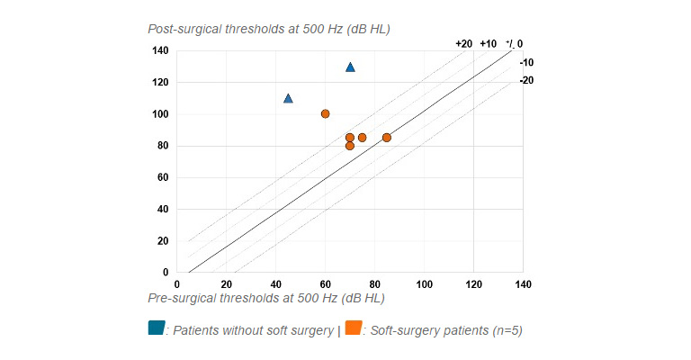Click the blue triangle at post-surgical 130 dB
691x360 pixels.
(350, 67)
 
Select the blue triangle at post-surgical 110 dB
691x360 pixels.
(288, 98)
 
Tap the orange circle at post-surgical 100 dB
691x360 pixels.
(325, 113)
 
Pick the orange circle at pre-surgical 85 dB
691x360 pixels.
(387, 138)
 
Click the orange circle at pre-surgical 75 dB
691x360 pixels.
(362, 138)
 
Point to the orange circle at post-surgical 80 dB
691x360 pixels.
(350, 146)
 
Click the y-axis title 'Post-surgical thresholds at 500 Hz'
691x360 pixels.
(268, 29)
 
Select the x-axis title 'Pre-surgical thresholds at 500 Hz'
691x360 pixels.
(265, 297)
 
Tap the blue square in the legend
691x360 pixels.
(156, 328)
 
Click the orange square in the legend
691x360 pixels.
(354, 328)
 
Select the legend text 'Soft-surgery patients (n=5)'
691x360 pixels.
(444, 330)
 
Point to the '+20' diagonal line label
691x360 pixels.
(463, 43)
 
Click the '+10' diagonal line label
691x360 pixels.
(488, 43)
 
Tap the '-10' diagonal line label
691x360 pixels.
(526, 63)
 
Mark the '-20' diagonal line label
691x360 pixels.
(526, 80)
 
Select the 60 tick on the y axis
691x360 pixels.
(163, 177)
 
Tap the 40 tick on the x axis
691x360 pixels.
(275, 284)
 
